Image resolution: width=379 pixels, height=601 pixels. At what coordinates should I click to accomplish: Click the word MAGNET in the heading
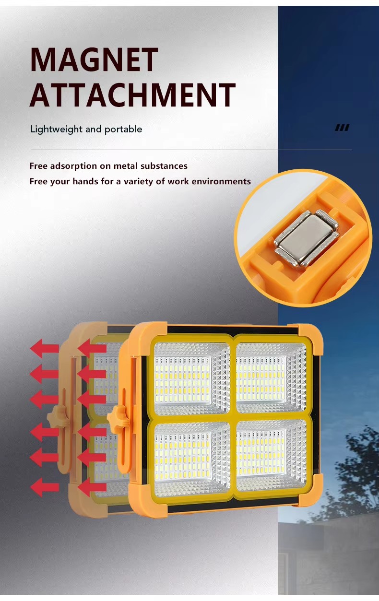click(94, 60)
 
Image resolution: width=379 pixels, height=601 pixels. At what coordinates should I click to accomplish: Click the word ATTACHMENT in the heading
click(132, 95)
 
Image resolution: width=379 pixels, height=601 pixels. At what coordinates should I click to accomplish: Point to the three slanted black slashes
click(342, 128)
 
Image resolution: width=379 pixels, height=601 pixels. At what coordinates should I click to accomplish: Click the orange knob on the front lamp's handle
click(116, 416)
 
